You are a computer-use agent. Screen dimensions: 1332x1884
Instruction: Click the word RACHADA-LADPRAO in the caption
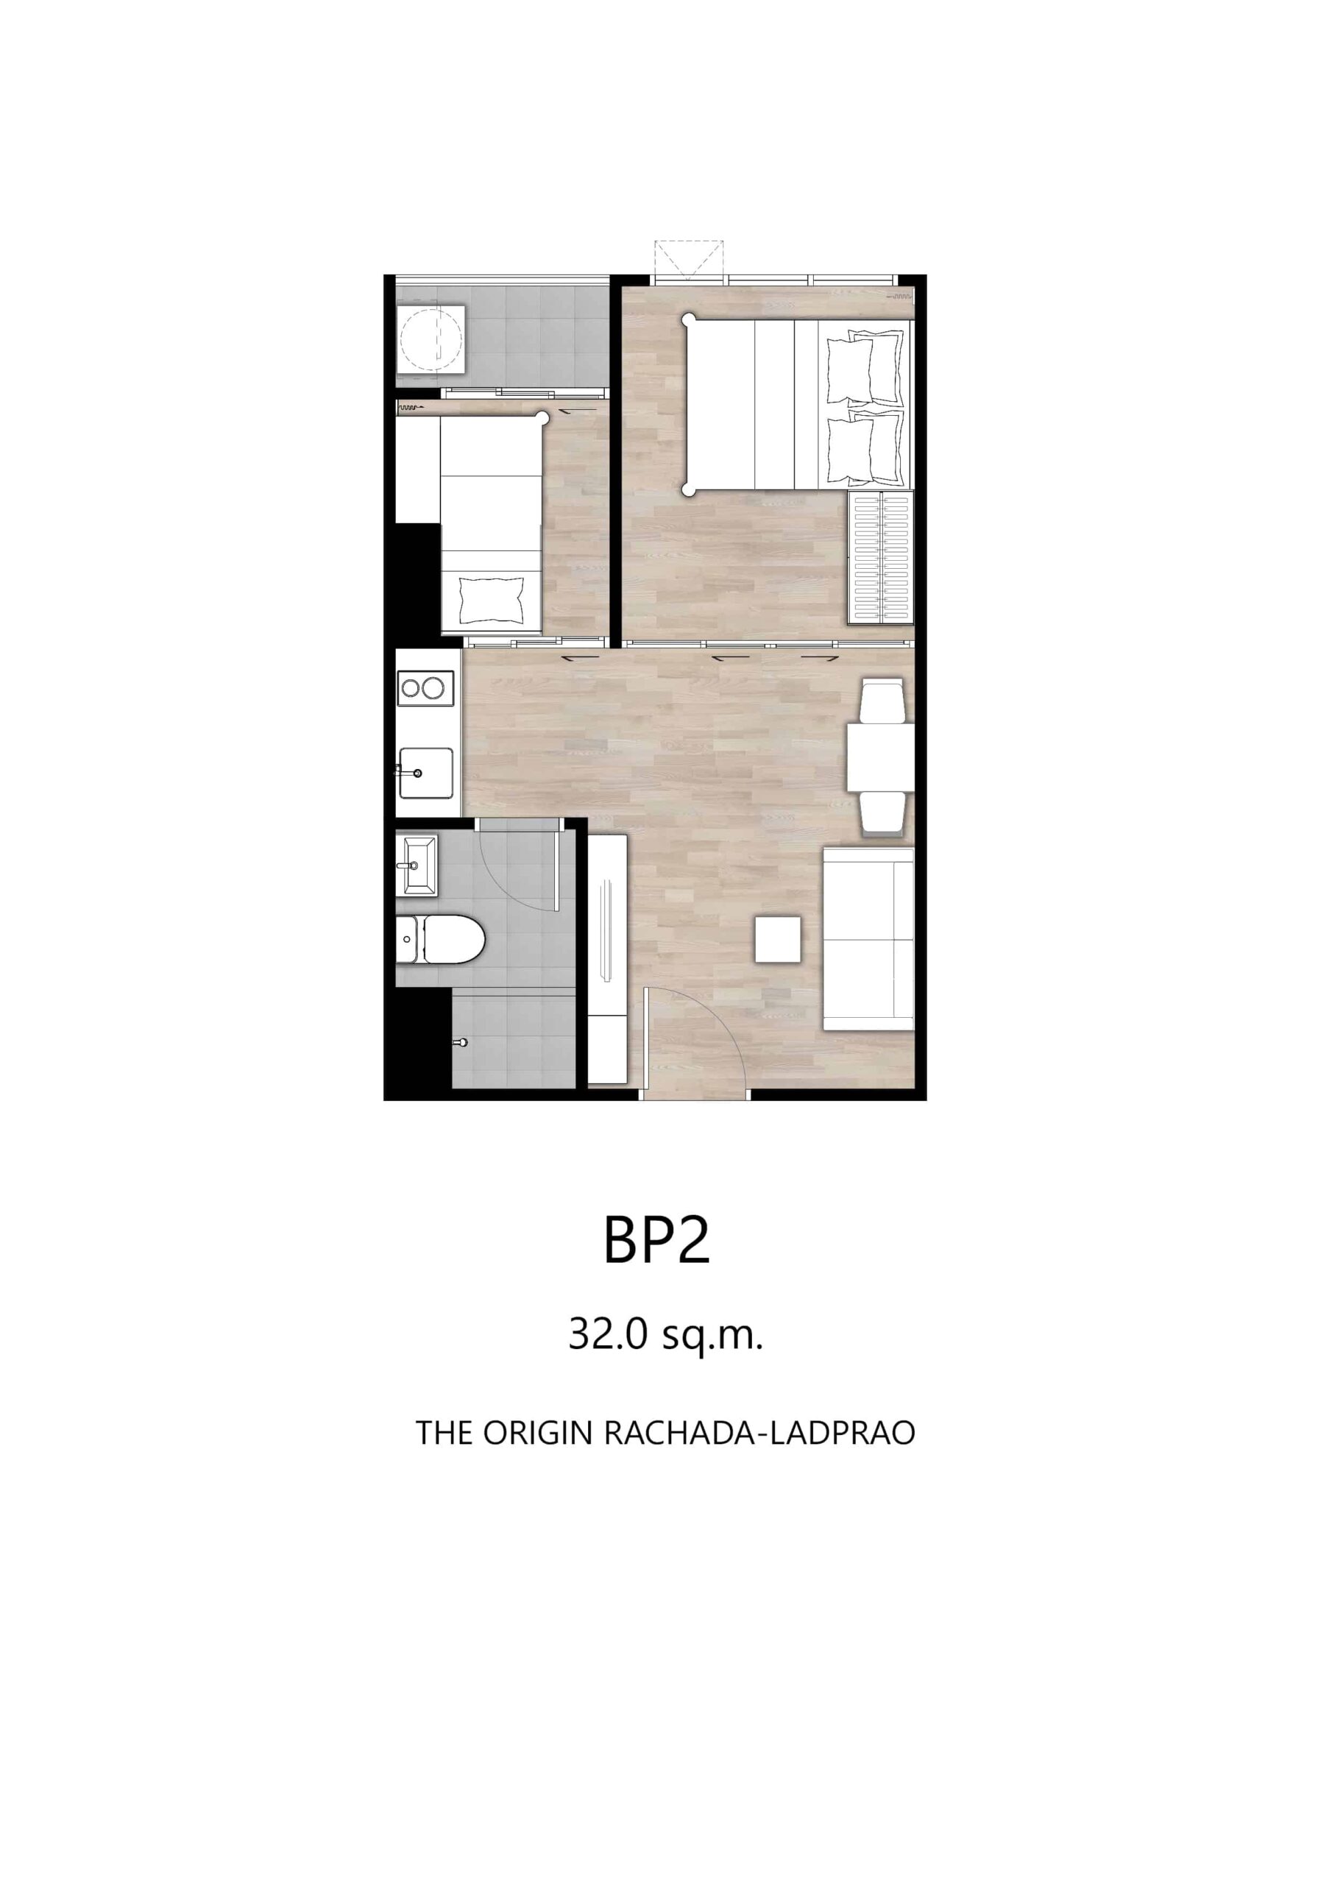tap(759, 1433)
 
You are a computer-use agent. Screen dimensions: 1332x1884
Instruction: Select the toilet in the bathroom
tap(440, 939)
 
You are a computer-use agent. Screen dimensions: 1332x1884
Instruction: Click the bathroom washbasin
tap(417, 865)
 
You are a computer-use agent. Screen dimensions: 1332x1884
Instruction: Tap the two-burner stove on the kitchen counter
tap(426, 687)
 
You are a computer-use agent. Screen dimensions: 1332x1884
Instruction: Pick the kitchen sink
tap(426, 772)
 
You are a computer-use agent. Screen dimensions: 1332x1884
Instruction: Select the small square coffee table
tap(778, 940)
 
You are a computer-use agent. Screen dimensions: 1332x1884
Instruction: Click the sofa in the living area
tap(869, 939)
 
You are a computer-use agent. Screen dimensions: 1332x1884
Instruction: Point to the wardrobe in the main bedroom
tap(881, 557)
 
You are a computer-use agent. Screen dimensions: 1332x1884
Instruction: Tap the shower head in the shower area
tap(461, 1043)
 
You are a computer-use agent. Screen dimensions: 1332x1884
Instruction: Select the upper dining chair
tap(882, 700)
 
